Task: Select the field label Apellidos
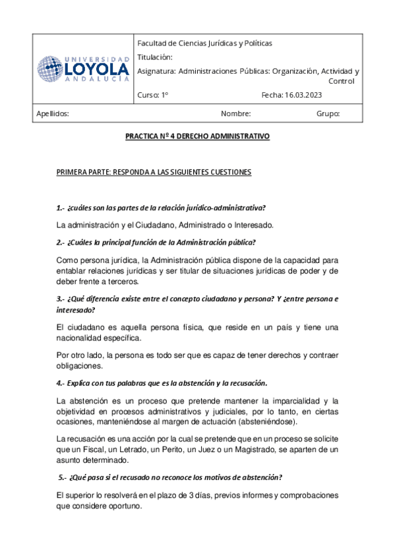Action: [53, 113]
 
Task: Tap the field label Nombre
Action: [236, 113]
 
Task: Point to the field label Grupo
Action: [328, 113]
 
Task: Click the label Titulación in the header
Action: [155, 57]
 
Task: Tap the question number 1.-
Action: [61, 208]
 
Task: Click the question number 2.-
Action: [61, 241]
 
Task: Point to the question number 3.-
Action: [61, 299]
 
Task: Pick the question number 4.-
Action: [61, 383]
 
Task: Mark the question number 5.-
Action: [63, 477]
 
